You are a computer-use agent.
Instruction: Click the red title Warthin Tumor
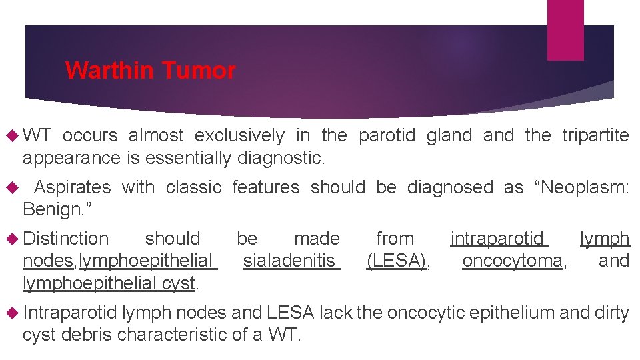point(150,71)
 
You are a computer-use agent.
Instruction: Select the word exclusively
point(239,136)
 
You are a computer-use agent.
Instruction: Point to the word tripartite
point(595,136)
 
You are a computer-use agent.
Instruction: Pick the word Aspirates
point(72,188)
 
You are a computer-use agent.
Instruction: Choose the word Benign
point(55,210)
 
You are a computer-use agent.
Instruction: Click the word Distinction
point(65,239)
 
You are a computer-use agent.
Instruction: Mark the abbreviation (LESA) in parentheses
point(397,261)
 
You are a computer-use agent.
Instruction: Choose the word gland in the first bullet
point(448,136)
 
